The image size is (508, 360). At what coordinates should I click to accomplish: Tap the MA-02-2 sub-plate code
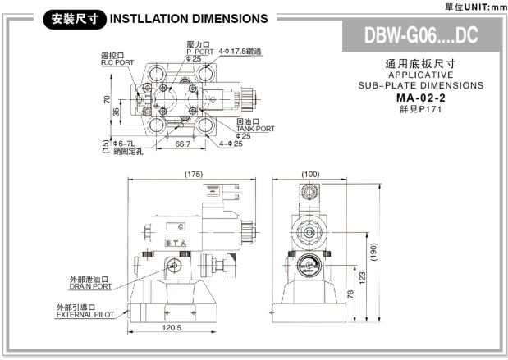click(x=419, y=97)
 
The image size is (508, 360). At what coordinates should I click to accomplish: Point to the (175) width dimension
click(x=193, y=174)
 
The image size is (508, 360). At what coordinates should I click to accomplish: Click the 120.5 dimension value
click(x=171, y=328)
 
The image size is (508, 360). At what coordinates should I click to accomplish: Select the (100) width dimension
click(x=310, y=174)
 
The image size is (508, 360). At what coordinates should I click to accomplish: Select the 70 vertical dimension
click(x=108, y=100)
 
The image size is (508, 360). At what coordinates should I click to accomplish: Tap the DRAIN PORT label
click(x=90, y=286)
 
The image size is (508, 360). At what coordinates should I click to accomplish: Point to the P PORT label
click(x=194, y=51)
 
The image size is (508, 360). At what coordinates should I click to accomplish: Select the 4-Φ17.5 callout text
click(x=240, y=51)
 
